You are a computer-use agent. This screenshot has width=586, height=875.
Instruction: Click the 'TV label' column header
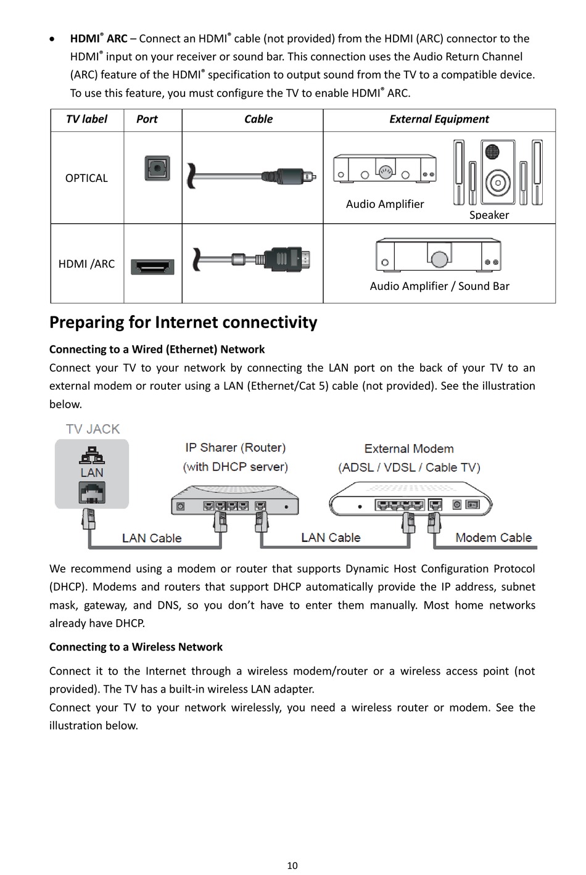pos(86,119)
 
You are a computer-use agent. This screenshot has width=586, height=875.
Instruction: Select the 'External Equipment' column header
pos(439,119)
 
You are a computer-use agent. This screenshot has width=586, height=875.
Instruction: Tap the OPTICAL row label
pos(86,178)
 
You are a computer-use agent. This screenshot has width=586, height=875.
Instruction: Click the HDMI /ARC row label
pos(86,264)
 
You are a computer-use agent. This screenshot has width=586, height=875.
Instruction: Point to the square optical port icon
pos(157,168)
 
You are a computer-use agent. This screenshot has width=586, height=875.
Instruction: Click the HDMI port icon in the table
pos(152,266)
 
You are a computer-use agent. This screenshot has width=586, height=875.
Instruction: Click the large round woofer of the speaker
pos(498,183)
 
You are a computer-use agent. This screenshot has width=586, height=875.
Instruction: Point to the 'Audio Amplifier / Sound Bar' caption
pos(439,286)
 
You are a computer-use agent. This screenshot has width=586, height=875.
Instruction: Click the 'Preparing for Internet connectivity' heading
pos(183,322)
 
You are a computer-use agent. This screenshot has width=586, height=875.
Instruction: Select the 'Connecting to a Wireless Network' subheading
pos(136,647)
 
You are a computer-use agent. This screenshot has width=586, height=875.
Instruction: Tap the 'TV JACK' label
pos(93,429)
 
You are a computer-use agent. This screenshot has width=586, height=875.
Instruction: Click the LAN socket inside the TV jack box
pos(92,492)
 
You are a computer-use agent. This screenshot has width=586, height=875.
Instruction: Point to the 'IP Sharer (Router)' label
pos(235,448)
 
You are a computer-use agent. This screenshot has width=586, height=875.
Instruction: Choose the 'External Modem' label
pos(409,448)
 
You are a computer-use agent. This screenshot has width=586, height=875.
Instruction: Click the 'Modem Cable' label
pos(493,538)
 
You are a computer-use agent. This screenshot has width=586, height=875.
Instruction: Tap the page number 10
pos(292,866)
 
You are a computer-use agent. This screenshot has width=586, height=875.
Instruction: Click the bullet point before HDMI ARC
pos(52,39)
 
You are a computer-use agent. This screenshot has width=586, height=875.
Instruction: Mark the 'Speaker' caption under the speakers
pos(489,215)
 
